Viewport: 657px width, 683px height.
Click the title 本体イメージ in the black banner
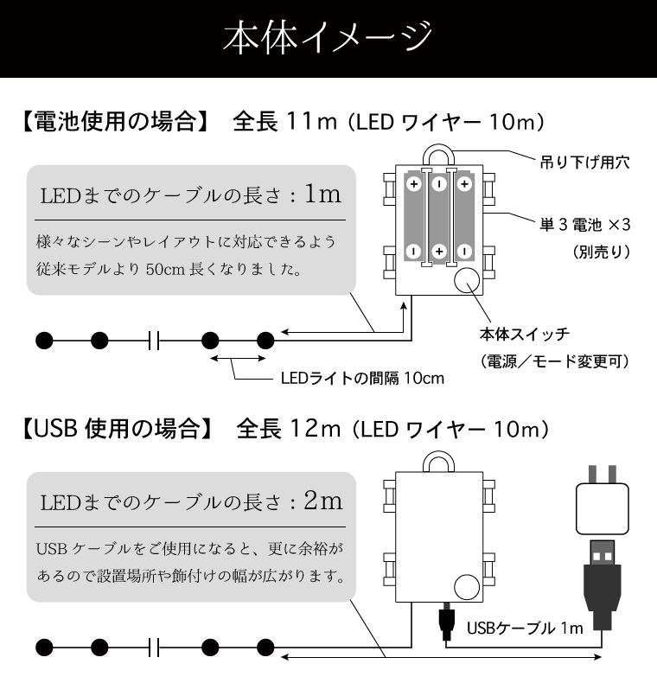pyautogui.click(x=328, y=37)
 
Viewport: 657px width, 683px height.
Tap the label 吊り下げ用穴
pyautogui.click(x=584, y=163)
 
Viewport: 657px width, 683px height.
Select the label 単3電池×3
pyautogui.click(x=584, y=225)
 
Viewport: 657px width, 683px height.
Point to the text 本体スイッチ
pyautogui.click(x=525, y=334)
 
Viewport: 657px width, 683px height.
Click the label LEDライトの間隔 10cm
pyautogui.click(x=362, y=378)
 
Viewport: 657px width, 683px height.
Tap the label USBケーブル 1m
pyautogui.click(x=525, y=628)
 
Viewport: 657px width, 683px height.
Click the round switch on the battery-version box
pyautogui.click(x=467, y=281)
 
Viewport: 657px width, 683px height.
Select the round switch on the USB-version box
pyautogui.click(x=467, y=587)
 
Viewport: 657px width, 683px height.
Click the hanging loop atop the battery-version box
pyautogui.click(x=439, y=148)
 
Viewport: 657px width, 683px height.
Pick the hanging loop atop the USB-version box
pyautogui.click(x=439, y=454)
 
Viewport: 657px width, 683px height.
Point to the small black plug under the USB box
pyautogui.click(x=446, y=622)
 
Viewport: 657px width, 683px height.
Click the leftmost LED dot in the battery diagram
pyautogui.click(x=44, y=340)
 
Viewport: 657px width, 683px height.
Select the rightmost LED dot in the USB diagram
pyautogui.click(x=265, y=648)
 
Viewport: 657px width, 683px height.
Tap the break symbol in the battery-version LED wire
pyautogui.click(x=154, y=340)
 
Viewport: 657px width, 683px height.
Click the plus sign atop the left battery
pyautogui.click(x=414, y=184)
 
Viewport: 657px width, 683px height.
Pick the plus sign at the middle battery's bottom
pyautogui.click(x=439, y=252)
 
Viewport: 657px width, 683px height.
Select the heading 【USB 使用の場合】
pyautogui.click(x=118, y=429)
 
